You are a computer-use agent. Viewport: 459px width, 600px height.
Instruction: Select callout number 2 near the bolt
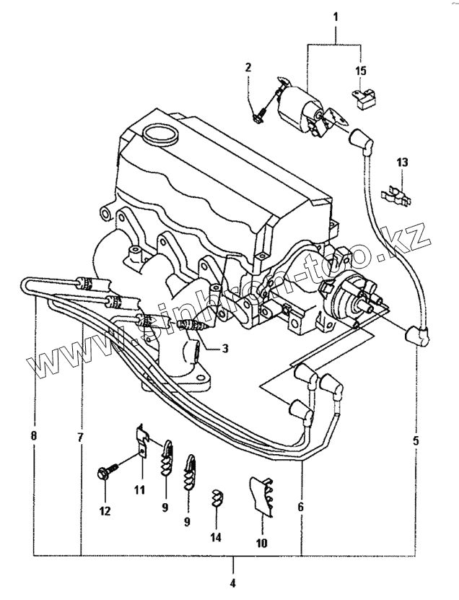click(x=248, y=67)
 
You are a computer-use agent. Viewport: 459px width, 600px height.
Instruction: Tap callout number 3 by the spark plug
click(x=225, y=349)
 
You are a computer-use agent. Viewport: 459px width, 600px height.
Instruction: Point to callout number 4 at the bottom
click(x=232, y=583)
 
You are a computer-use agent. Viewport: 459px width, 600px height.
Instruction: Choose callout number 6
click(x=300, y=507)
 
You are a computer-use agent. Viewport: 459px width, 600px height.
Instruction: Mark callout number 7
click(x=80, y=438)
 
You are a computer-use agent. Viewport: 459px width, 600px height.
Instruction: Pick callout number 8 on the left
click(x=33, y=437)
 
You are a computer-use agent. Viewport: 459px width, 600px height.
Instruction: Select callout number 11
click(x=139, y=490)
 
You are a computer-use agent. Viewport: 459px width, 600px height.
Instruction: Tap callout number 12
click(x=105, y=511)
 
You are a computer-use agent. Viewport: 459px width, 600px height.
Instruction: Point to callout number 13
click(x=402, y=162)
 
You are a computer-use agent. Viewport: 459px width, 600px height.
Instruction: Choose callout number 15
click(x=360, y=71)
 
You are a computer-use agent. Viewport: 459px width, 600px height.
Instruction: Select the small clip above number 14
click(x=217, y=497)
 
